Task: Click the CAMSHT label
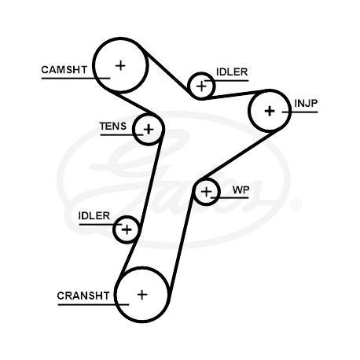point(64,70)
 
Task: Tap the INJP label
point(306,103)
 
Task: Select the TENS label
point(113,127)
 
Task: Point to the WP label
point(241,189)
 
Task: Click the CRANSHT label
point(83,296)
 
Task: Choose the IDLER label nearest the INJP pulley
point(232,72)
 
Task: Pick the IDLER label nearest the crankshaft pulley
point(94,215)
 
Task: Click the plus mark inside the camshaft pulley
point(120,65)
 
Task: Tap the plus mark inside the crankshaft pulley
point(142,295)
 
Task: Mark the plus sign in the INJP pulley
point(270,111)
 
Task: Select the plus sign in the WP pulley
point(207,192)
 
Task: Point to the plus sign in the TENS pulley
point(149,129)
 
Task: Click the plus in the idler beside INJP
point(201,86)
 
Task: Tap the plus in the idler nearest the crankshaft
point(127,230)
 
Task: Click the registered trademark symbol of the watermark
point(296,204)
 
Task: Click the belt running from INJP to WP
point(240,155)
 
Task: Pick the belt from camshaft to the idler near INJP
point(166,70)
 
